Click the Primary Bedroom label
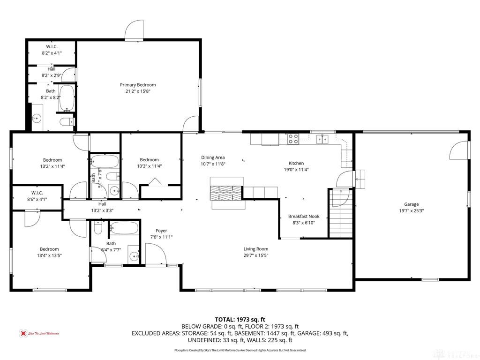138,85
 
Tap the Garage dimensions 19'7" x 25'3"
411,211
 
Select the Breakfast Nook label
304,216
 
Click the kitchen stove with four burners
293,138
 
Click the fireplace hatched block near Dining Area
226,193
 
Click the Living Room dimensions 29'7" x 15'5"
255,255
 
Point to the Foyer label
161,231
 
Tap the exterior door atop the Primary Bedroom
134,31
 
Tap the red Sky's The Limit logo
22,333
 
